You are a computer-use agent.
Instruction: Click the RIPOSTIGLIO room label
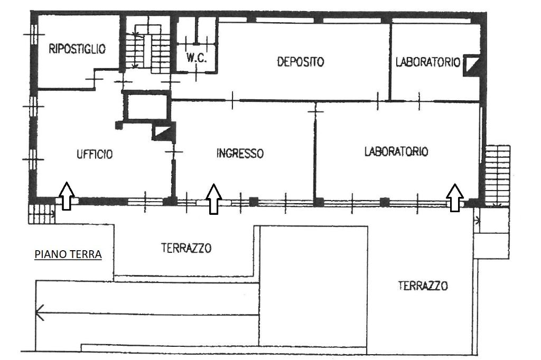click(77, 49)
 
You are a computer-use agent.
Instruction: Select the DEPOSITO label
click(300, 62)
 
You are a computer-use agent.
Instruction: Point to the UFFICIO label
click(95, 154)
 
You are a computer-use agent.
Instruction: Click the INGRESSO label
click(240, 154)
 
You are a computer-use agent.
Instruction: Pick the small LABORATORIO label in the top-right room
click(428, 62)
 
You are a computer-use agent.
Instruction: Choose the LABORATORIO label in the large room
click(396, 151)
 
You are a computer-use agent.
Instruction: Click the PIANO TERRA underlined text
click(68, 254)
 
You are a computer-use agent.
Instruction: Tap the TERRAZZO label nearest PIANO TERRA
click(186, 248)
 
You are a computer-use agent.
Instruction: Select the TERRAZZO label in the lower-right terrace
click(423, 286)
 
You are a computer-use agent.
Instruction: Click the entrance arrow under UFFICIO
click(66, 196)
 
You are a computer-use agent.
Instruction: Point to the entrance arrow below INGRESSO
click(213, 198)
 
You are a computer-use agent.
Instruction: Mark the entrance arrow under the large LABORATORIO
click(455, 197)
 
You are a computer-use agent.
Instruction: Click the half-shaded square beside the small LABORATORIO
click(471, 65)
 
